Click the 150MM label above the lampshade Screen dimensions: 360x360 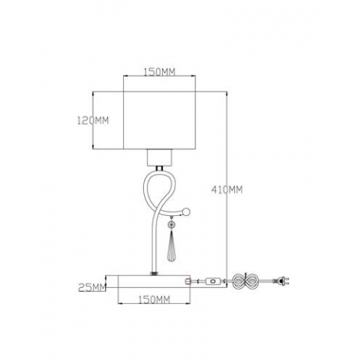click(158, 72)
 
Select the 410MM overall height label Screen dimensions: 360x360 click(229, 189)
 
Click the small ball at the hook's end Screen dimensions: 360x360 click(188, 211)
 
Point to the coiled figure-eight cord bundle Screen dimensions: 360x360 click(243, 283)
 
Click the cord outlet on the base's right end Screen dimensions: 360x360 click(186, 280)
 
